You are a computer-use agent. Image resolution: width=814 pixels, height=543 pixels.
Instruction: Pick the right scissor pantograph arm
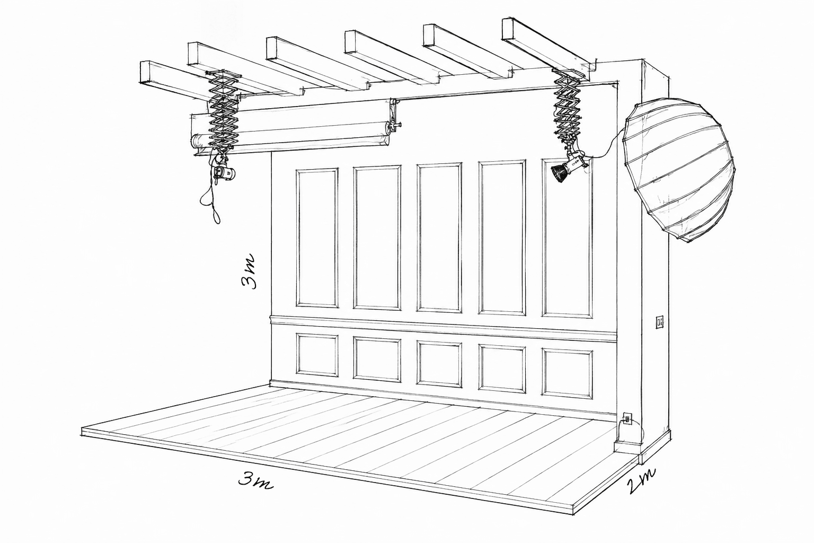[567, 106]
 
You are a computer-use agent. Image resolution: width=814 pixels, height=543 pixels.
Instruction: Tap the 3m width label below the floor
[255, 481]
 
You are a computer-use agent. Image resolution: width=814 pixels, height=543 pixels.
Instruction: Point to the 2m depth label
[641, 481]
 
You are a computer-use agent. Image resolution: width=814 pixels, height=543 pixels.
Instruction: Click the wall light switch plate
[660, 322]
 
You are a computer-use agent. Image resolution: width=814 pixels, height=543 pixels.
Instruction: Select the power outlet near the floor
[627, 418]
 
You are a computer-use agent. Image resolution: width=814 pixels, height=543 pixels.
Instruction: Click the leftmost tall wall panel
[317, 238]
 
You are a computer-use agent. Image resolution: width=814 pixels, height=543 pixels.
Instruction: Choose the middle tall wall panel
[439, 238]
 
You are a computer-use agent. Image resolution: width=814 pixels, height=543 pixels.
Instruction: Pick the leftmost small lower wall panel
[317, 355]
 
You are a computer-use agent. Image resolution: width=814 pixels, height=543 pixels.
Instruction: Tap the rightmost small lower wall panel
[567, 373]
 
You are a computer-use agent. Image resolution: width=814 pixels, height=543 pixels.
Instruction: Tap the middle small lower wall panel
[439, 364]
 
